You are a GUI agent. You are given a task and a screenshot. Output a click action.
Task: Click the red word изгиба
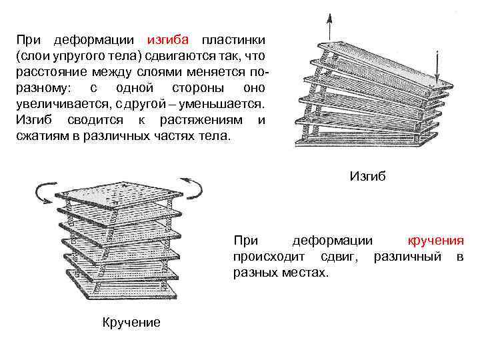(169, 39)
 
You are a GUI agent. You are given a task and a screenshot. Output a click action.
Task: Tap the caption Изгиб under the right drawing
(367, 177)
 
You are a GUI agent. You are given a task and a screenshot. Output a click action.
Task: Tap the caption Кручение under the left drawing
(131, 323)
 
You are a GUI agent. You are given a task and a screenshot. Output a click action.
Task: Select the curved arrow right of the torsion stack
(193, 187)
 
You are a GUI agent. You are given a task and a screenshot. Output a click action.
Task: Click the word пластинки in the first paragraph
(234, 39)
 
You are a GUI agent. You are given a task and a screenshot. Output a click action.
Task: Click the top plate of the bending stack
(373, 67)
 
